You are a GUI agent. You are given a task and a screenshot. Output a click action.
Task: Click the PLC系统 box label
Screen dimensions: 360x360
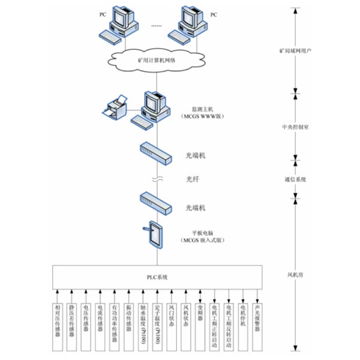pos(158,277)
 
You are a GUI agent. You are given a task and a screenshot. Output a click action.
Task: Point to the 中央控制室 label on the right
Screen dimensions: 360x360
pos(295,127)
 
